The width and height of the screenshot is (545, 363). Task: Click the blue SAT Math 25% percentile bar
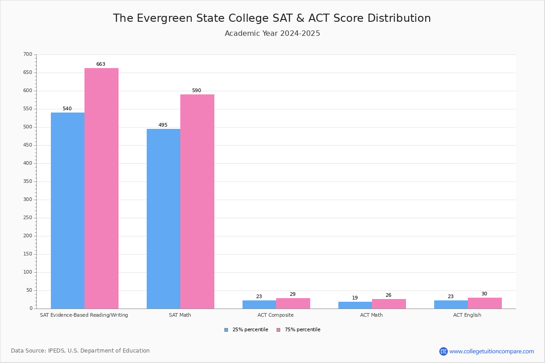tap(163, 219)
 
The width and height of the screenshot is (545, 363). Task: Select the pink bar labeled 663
tap(101, 188)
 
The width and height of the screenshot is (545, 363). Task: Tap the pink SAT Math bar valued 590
tap(197, 201)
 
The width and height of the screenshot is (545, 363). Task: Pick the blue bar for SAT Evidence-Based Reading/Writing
tap(68, 211)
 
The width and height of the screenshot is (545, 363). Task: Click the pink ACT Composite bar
tap(293, 304)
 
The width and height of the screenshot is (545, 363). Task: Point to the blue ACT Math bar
tap(355, 305)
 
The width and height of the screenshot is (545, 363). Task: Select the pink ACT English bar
tap(485, 303)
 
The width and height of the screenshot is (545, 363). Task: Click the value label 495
tap(163, 125)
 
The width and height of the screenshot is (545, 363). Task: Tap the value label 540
tap(67, 109)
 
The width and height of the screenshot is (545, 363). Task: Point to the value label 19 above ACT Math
tap(355, 298)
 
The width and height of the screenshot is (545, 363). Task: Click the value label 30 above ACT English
tap(484, 294)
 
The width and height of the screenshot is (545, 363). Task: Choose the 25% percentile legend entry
tap(246, 330)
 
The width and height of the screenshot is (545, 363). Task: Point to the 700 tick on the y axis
tap(28, 54)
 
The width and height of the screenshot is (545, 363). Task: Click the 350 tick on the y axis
tap(28, 181)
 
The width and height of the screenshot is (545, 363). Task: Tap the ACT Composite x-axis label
tap(276, 315)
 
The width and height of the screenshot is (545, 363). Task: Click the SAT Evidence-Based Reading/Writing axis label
tap(84, 315)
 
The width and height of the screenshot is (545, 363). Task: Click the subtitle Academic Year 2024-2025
tap(272, 34)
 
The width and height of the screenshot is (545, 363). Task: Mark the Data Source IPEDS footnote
tap(80, 351)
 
